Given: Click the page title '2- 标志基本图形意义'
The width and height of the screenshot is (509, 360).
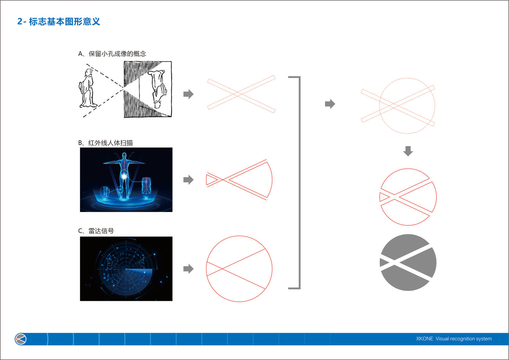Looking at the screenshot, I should coord(59,22).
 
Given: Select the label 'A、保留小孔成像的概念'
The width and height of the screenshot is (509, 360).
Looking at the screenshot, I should coord(112,54).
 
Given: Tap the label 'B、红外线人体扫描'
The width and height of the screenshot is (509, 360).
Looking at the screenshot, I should coord(105,143).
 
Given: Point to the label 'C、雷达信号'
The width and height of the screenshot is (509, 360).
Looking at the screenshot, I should coord(96,231).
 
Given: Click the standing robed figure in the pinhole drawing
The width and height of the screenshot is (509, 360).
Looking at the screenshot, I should coord(88,89).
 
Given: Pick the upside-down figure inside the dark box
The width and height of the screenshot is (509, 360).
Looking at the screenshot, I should coord(158,89).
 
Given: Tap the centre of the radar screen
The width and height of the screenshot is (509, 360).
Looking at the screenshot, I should coord(126,269).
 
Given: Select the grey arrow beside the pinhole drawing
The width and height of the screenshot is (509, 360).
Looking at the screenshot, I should coord(189,94).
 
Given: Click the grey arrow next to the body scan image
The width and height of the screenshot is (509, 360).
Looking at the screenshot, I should coord(189,180).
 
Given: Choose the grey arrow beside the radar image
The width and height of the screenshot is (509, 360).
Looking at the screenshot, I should coord(189,269).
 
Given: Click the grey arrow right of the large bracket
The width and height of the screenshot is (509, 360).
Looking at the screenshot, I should coord(330,104).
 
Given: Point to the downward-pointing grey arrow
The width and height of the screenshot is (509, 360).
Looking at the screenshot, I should coord(408,151).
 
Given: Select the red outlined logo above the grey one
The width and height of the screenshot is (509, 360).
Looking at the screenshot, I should coord(408,197).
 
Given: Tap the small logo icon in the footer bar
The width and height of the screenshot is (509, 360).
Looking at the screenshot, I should coord(20,339).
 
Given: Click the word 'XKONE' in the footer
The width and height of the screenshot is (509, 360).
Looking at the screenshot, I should coord(424,339).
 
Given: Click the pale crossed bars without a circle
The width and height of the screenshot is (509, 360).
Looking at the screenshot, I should coord(241,94).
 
